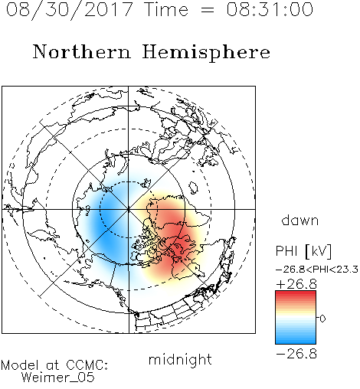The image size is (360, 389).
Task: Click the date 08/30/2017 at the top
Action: click(x=70, y=9)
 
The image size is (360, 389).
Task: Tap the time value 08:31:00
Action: click(x=270, y=9)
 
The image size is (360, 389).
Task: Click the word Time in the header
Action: click(x=166, y=9)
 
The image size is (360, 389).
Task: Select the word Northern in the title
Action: click(x=82, y=51)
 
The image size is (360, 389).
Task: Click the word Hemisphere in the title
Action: click(x=206, y=53)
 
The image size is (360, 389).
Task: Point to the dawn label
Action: click(x=300, y=220)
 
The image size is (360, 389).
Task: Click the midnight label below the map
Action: click(x=180, y=360)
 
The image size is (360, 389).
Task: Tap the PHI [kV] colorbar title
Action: click(x=303, y=251)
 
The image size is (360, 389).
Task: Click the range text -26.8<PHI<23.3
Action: click(x=317, y=270)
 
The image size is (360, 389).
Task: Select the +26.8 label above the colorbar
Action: click(x=296, y=284)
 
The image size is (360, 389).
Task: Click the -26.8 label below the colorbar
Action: click(x=296, y=354)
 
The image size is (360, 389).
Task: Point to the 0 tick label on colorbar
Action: click(x=322, y=319)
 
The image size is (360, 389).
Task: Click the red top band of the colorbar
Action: click(x=296, y=294)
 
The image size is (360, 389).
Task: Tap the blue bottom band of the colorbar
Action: click(x=296, y=341)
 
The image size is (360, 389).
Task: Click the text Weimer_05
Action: click(x=58, y=378)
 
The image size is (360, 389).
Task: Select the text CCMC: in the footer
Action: click(x=87, y=365)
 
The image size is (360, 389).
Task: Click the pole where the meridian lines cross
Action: click(x=129, y=209)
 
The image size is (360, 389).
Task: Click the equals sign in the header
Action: click(x=208, y=10)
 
